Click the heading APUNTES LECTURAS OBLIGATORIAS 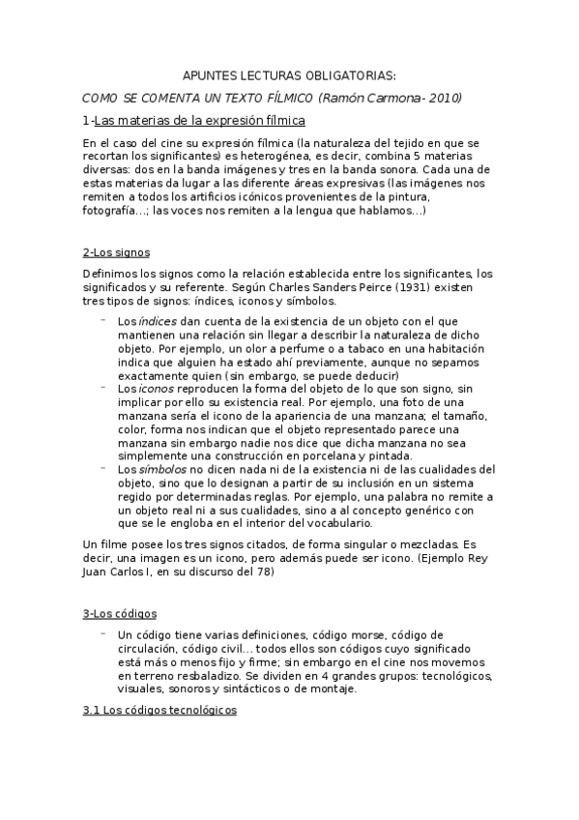click(x=289, y=75)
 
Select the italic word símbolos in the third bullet click(x=164, y=469)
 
